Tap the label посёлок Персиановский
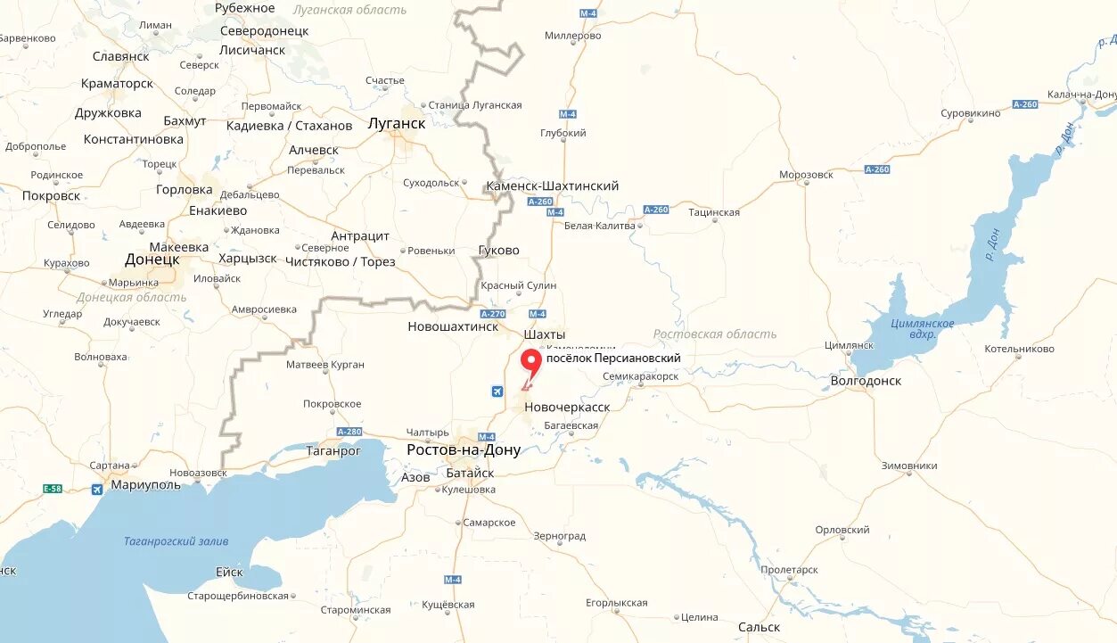tap(613, 359)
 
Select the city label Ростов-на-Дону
tap(464, 450)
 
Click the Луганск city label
tap(397, 124)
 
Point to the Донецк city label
tap(152, 260)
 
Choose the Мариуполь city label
tap(146, 485)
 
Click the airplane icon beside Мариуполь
tap(96, 489)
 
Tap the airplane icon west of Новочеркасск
tap(497, 391)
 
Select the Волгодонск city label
tap(865, 381)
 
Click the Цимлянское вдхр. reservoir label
tap(922, 329)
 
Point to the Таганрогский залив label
tap(176, 541)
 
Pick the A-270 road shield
tap(492, 314)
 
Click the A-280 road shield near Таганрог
tap(349, 432)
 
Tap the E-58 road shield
tap(53, 489)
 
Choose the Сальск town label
tap(759, 627)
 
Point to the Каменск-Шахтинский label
tap(552, 186)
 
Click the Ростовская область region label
tap(714, 334)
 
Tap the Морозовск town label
tap(806, 175)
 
